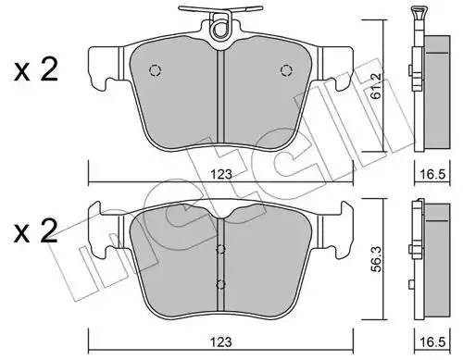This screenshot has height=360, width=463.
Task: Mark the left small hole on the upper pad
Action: [156, 72]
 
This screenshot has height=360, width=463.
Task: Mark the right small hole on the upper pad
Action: [285, 72]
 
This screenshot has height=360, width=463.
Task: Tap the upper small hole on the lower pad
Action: [220, 248]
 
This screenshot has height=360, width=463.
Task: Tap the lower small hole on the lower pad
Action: [220, 284]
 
